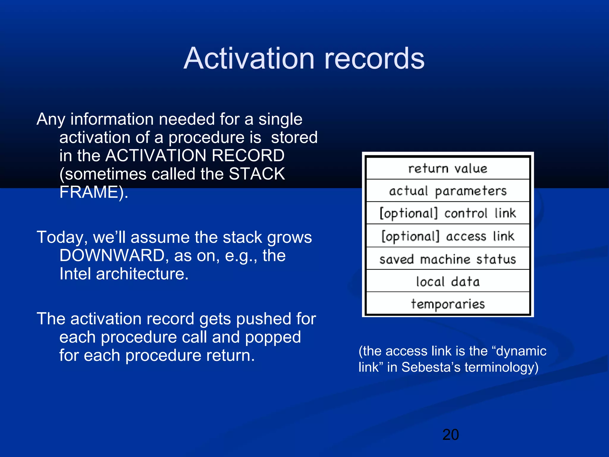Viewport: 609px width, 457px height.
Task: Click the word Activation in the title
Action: [x=249, y=59]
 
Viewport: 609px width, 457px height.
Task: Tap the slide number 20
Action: [x=451, y=435]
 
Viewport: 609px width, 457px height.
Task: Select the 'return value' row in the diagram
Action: [x=448, y=169]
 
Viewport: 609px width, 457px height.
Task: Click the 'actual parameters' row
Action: [x=448, y=191]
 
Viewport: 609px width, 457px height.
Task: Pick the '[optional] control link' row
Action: [x=448, y=213]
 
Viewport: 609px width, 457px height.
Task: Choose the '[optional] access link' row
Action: [x=448, y=236]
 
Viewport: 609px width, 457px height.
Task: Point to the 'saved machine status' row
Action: [x=448, y=259]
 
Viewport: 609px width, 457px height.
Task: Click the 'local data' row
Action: [x=448, y=281]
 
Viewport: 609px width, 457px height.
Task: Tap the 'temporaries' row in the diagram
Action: [x=448, y=304]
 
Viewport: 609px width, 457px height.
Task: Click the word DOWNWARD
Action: [x=112, y=256]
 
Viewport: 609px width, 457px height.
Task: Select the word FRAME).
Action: [x=94, y=192]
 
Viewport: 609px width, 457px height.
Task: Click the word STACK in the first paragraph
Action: [x=257, y=174]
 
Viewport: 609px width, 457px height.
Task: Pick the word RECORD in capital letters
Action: [x=248, y=156]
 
